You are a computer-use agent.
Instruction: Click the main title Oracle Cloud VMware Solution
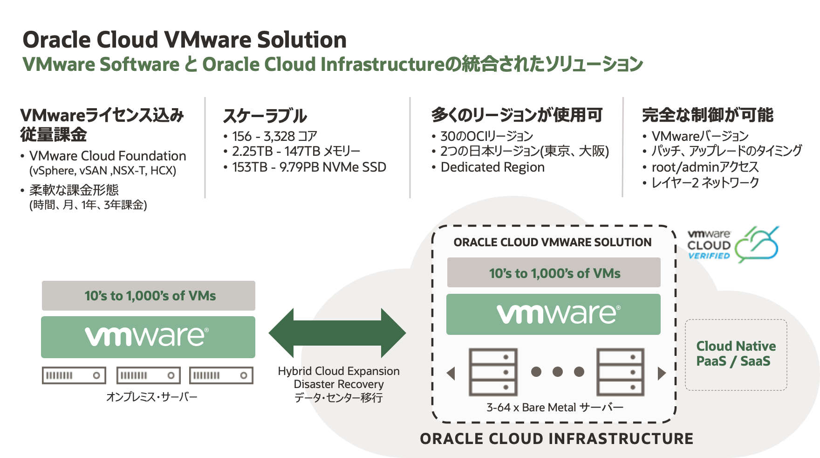pos(184,40)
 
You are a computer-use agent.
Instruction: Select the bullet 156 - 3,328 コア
pos(274,136)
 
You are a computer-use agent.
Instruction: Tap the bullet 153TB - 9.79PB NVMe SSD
pos(309,167)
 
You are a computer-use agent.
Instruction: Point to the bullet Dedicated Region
pos(492,167)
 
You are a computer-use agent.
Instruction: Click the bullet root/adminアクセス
pos(704,167)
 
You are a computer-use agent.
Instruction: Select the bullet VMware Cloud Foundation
pos(107,156)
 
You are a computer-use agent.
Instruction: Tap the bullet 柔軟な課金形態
pos(74,190)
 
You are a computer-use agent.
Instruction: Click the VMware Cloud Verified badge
pos(732,244)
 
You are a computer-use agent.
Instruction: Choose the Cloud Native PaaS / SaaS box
pos(736,354)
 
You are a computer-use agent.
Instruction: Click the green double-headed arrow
pos(338,333)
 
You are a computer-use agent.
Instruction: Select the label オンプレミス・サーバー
pos(151,397)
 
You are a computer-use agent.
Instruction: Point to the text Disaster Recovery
pos(339,384)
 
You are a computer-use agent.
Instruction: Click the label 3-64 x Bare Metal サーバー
pos(554,407)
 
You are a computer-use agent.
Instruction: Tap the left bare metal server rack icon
pos(493,372)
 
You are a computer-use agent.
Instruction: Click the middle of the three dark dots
pos(558,372)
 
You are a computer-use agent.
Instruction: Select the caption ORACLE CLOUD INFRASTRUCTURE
pos(556,438)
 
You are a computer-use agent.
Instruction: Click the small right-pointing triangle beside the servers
pos(661,373)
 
